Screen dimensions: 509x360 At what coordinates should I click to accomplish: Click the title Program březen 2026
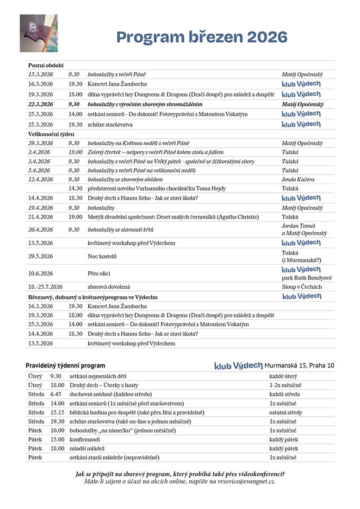(201, 37)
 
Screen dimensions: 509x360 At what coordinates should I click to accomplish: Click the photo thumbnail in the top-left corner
(38, 33)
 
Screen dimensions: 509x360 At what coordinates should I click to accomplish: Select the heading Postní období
(46, 65)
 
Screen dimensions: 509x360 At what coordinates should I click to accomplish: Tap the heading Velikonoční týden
(51, 134)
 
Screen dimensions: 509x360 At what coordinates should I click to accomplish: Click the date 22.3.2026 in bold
(41, 105)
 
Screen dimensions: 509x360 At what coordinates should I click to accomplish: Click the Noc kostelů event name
(102, 256)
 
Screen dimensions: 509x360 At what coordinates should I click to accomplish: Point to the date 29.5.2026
(41, 256)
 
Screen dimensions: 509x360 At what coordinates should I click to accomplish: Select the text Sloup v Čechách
(302, 287)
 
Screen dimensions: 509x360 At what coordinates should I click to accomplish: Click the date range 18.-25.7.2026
(45, 287)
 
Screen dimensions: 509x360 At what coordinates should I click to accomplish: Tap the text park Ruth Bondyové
(307, 278)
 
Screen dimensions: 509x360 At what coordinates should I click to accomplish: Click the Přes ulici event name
(99, 273)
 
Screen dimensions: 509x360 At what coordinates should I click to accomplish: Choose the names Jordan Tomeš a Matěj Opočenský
(304, 230)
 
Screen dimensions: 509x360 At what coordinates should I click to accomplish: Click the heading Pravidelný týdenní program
(65, 366)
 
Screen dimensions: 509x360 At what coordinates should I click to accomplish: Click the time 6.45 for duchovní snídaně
(56, 394)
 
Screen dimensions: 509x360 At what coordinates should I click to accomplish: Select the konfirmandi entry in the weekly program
(85, 439)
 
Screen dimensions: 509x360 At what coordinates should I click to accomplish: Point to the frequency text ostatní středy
(286, 412)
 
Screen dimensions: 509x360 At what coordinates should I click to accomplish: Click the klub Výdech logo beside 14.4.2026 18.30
(301, 198)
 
